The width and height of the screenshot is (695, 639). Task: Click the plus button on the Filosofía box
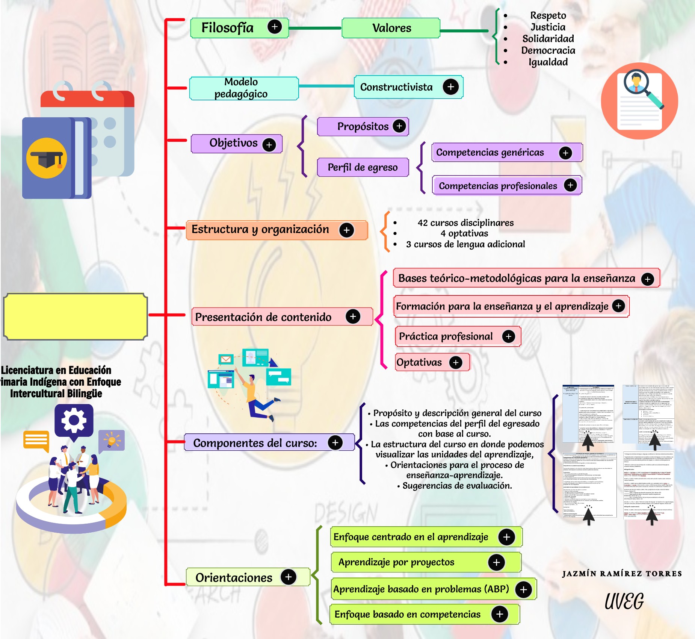(x=275, y=27)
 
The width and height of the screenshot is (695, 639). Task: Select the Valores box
(x=391, y=28)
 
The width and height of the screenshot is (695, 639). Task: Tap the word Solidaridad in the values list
(x=548, y=39)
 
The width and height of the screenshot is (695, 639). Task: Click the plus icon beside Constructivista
(x=450, y=87)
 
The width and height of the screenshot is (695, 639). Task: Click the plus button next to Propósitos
(x=399, y=126)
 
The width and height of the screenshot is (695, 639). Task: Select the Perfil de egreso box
(x=363, y=167)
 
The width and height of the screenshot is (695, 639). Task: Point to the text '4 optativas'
(x=464, y=233)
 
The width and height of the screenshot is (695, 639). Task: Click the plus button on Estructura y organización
(x=346, y=230)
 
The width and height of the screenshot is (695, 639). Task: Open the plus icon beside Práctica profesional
(x=509, y=336)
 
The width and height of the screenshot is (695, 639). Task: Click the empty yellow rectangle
(x=75, y=316)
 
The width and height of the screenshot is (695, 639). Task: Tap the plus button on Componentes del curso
(x=335, y=442)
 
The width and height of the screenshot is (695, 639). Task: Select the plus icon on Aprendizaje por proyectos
(x=496, y=562)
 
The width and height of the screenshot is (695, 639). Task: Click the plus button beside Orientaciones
(x=289, y=577)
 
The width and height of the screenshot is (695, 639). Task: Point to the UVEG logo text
(x=624, y=601)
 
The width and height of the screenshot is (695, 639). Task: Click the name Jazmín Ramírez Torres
(x=622, y=574)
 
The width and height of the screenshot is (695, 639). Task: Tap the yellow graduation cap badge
(x=47, y=158)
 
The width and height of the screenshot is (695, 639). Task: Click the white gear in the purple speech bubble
(x=74, y=420)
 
